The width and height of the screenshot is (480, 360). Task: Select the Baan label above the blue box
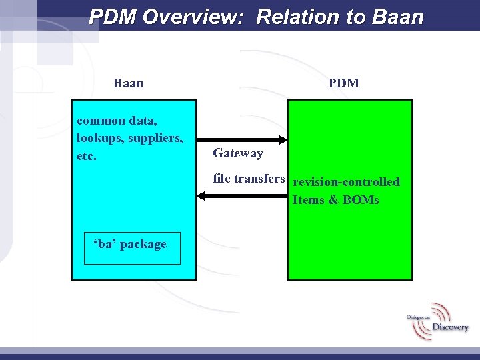[128, 83]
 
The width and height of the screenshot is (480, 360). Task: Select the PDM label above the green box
[343, 83]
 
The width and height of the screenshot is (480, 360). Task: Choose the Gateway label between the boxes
[238, 153]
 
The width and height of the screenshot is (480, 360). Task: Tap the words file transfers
[249, 179]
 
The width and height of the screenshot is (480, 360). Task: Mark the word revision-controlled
[346, 182]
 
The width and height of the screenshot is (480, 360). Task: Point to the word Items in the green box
[307, 200]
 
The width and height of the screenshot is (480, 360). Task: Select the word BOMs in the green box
[361, 200]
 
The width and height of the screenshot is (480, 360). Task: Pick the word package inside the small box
[143, 244]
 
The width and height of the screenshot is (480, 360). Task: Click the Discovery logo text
[450, 327]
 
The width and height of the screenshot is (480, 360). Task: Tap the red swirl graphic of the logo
[441, 312]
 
